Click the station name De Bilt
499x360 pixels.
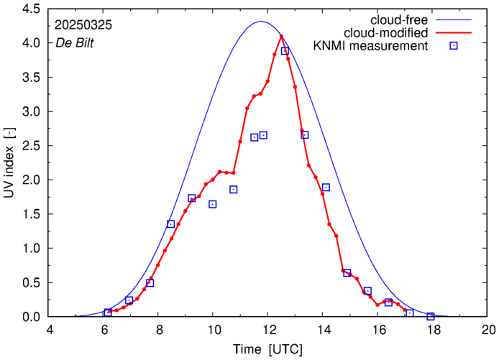click(x=75, y=42)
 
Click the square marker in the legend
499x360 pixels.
click(x=454, y=47)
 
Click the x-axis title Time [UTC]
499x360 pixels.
click(x=267, y=349)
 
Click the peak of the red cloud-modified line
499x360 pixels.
click(x=281, y=36)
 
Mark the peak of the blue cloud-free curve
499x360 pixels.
click(x=261, y=22)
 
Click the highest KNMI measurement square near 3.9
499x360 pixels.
click(x=285, y=51)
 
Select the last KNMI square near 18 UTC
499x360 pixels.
click(x=431, y=316)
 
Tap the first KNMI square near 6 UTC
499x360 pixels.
click(x=108, y=313)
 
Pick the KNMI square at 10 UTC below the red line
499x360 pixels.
click(x=213, y=204)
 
